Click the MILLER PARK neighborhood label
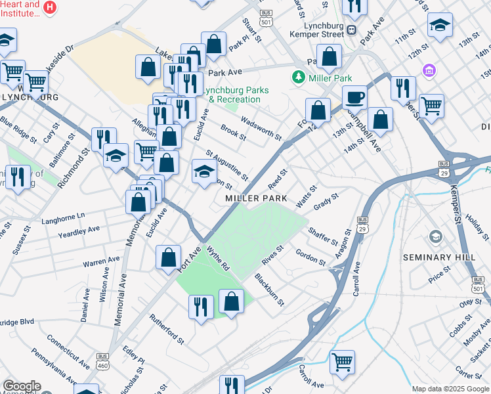(x=256, y=198)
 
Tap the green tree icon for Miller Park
(x=299, y=78)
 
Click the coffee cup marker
(x=354, y=97)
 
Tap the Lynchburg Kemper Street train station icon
(x=352, y=29)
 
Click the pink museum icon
(x=429, y=70)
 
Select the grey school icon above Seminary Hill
(x=435, y=236)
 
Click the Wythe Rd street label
(x=218, y=258)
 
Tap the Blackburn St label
(x=269, y=290)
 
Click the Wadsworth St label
(x=261, y=128)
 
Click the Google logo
(x=22, y=386)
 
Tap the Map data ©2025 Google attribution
(x=450, y=389)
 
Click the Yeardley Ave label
(x=79, y=232)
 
